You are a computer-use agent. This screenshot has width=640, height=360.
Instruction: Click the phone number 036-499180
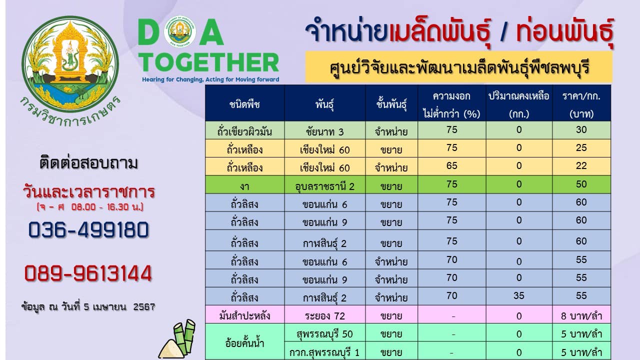point(88,229)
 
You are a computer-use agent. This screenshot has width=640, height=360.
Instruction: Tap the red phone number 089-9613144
point(88,273)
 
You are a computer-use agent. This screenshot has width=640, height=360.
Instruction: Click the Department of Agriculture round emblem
point(70,64)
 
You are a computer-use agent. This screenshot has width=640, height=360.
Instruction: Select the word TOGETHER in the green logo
point(208,62)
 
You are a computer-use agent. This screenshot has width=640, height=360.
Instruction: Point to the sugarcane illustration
point(177,339)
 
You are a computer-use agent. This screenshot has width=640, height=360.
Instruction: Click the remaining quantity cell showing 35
point(519,295)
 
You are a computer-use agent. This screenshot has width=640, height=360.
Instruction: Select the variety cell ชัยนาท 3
point(325,131)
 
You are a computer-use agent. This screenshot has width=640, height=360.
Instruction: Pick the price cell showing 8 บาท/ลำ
point(581,316)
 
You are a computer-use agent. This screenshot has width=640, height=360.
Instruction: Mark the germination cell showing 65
point(451,165)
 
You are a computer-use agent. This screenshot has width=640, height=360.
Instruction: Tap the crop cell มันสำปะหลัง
point(244,315)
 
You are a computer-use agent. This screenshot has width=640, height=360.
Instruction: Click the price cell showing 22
point(581,165)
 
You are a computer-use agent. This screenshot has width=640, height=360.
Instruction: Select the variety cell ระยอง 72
point(325,316)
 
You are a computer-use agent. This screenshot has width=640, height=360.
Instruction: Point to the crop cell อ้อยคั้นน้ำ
point(244,343)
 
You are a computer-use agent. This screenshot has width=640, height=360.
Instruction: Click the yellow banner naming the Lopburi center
point(459,67)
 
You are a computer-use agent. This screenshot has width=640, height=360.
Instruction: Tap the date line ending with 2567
point(88,307)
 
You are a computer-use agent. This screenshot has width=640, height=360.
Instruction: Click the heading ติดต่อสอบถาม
point(88,163)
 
